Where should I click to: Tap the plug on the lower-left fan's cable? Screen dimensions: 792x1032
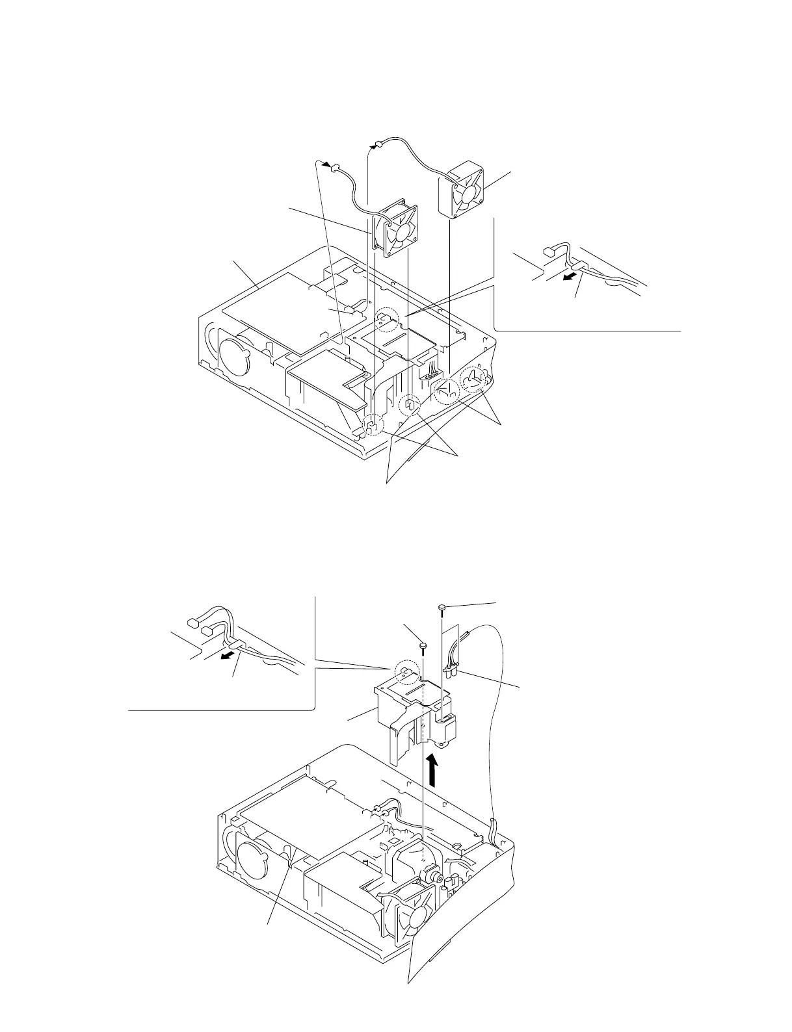(x=336, y=169)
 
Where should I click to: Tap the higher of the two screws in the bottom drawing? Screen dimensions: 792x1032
(x=442, y=608)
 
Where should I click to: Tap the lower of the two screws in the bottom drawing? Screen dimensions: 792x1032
(x=423, y=646)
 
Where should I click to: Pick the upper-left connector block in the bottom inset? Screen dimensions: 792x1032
(x=192, y=622)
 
